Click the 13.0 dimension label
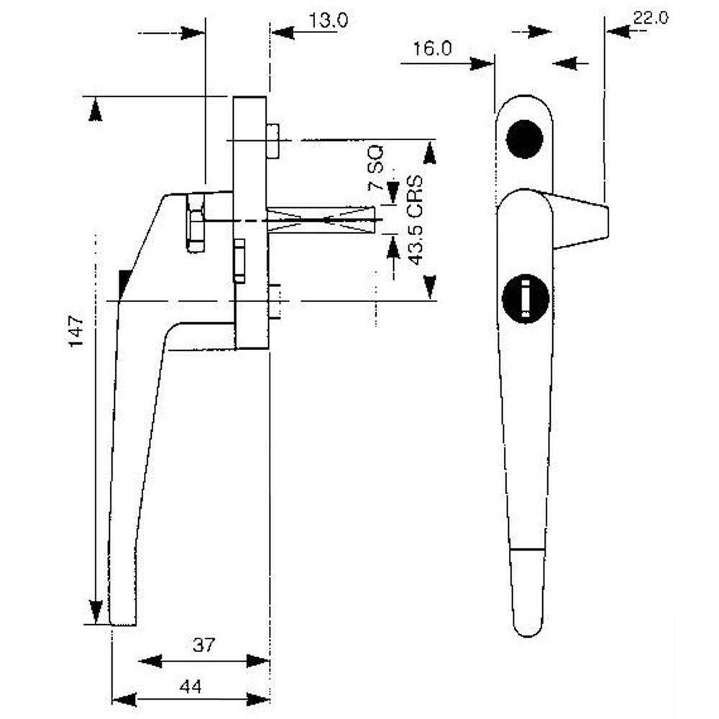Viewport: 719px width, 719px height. pos(329,20)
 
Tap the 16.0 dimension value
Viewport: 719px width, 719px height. pos(432,49)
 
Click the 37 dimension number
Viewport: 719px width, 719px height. pos(203,645)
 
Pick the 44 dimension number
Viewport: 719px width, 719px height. pos(190,687)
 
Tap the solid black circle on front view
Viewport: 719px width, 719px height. pos(524,139)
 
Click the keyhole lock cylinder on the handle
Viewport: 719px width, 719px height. pos(525,298)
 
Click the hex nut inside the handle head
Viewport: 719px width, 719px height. pos(195,222)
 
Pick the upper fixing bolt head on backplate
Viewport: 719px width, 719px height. pos(273,140)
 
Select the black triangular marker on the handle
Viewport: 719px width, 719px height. pos(125,283)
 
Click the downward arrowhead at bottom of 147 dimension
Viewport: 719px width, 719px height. pos(94,611)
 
